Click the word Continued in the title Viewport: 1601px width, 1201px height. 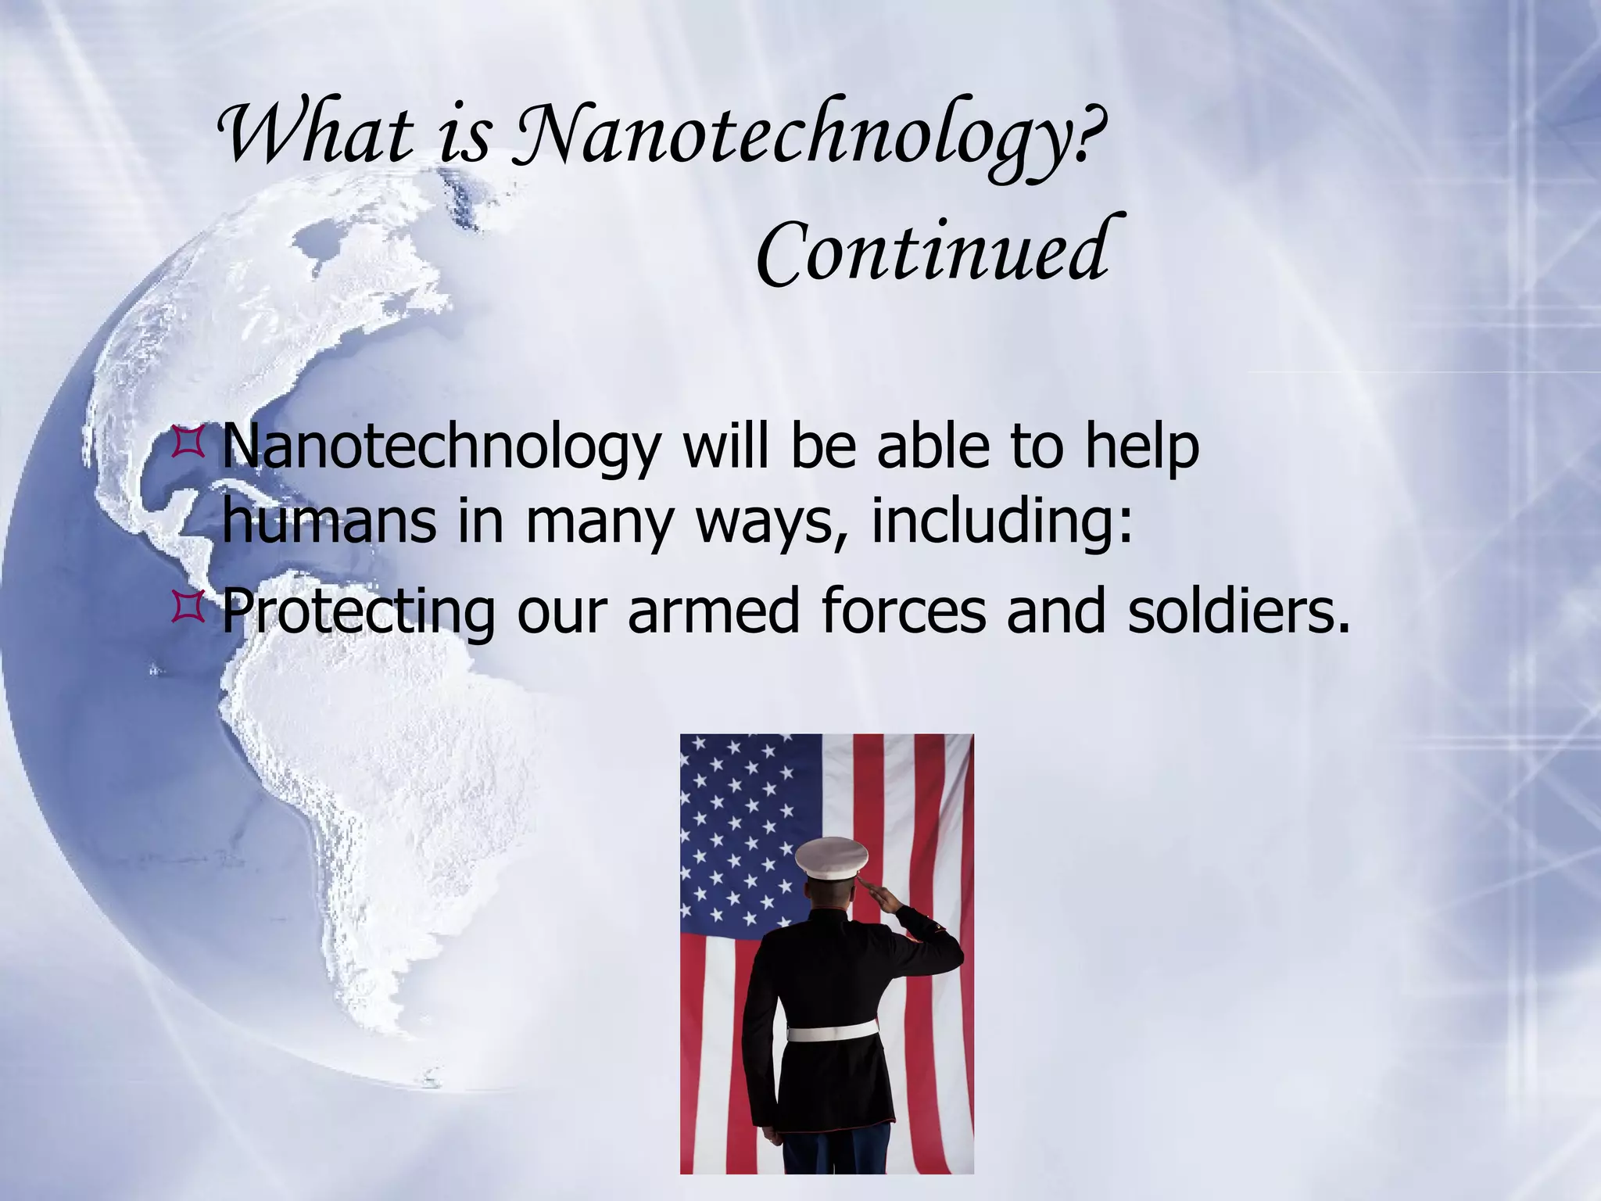point(931,252)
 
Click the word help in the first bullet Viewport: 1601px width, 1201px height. point(1141,447)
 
